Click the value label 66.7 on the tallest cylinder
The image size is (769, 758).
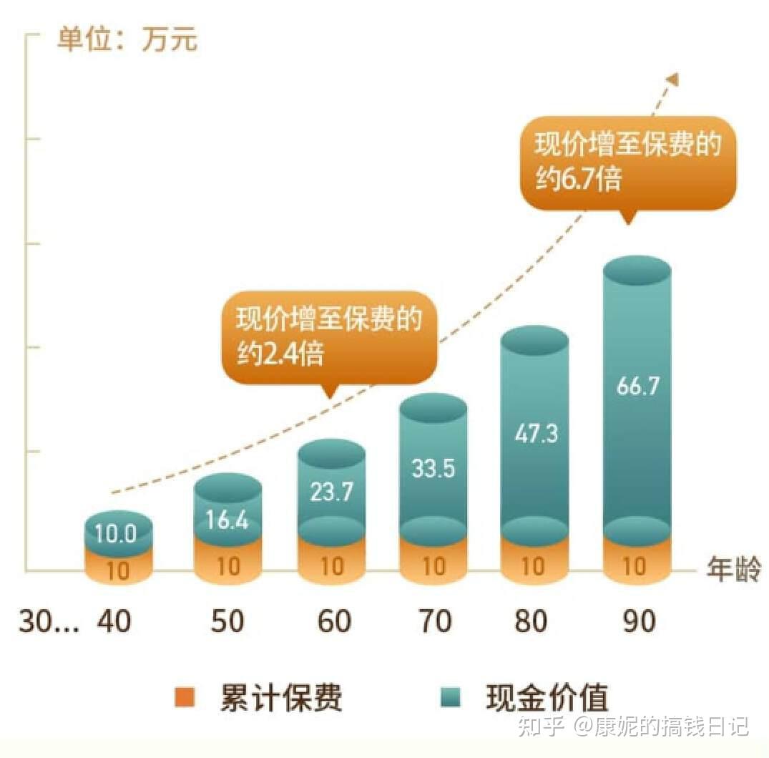[637, 387]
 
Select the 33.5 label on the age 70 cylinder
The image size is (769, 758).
[434, 468]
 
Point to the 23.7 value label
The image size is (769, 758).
[331, 492]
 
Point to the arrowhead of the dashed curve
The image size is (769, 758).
[672, 79]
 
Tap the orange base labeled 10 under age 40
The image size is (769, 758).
[119, 570]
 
